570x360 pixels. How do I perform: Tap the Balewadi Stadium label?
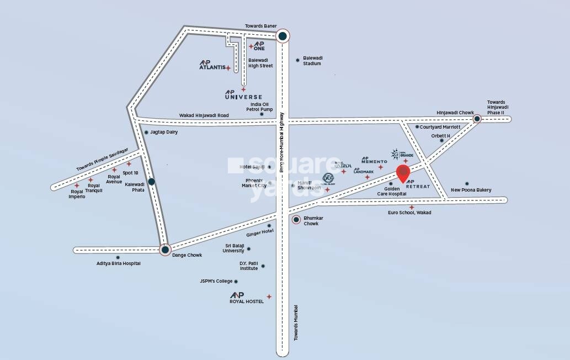click(x=312, y=61)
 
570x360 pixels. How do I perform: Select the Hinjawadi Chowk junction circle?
click(x=477, y=119)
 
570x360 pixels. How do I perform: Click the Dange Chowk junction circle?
click(x=165, y=250)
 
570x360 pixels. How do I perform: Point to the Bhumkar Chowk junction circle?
click(x=296, y=220)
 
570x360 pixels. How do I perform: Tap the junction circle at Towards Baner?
click(x=283, y=36)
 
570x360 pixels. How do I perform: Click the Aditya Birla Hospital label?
click(x=118, y=263)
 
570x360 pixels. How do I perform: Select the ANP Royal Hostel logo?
click(x=247, y=298)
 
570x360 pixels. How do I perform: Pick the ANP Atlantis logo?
click(x=212, y=65)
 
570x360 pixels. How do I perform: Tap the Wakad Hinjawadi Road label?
click(x=204, y=115)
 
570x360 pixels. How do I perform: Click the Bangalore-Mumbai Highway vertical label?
click(x=281, y=142)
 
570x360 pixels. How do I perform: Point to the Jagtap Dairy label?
click(x=164, y=132)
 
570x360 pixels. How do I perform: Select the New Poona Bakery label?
click(x=471, y=190)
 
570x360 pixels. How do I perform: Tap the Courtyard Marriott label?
click(x=440, y=127)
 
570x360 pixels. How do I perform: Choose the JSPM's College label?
click(x=216, y=281)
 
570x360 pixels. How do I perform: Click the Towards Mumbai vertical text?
click(x=296, y=322)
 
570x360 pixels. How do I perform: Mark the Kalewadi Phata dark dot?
click(x=151, y=181)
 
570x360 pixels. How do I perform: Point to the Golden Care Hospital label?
click(x=392, y=191)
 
